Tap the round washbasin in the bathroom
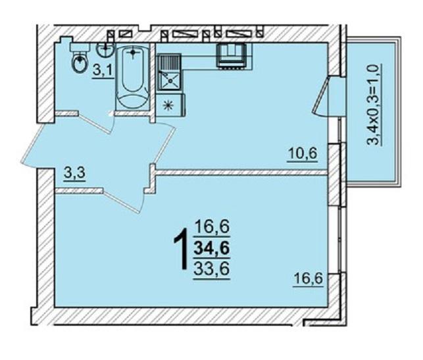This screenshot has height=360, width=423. pos(105,49)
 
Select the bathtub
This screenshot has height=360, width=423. pos(132,78)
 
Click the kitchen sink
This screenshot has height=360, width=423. pos(170,72)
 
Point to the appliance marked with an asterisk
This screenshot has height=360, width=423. pos(170,105)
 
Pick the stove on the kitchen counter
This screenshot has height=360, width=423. pos(231,55)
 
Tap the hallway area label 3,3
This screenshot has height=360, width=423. pos(75,173)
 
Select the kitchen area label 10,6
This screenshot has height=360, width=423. pos(303,154)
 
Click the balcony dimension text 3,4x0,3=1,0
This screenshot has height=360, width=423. pos(375,104)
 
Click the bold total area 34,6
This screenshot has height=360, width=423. pos(212,248)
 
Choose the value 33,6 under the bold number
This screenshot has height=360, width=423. pos(212,269)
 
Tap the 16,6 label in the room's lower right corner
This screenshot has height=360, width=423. pos(308,278)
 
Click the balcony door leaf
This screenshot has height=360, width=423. pos(320,95)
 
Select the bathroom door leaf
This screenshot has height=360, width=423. pos(95,123)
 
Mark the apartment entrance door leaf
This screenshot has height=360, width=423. pos(30,143)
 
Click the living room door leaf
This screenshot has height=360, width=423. pos(121,201)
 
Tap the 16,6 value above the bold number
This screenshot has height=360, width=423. pos(212,226)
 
